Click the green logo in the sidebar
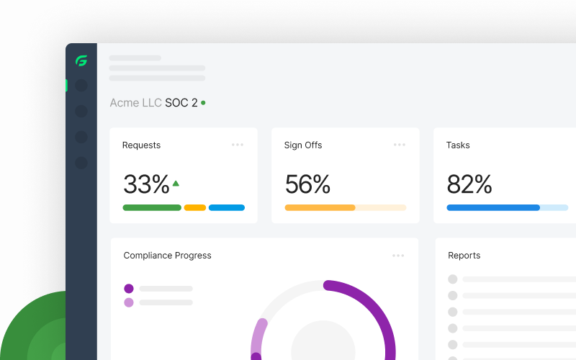click(x=81, y=61)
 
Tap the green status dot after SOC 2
click(x=203, y=103)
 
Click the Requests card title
click(x=141, y=145)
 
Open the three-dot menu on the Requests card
click(x=238, y=145)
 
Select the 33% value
click(x=146, y=184)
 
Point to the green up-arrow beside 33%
click(x=176, y=183)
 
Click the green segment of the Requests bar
click(x=152, y=207)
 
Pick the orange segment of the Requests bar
click(x=195, y=207)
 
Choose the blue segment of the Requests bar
click(x=227, y=207)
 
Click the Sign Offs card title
click(x=303, y=145)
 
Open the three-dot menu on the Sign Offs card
click(x=400, y=145)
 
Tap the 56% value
click(x=307, y=184)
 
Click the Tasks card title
click(x=458, y=145)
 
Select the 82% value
click(x=469, y=184)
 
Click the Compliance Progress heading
click(x=167, y=255)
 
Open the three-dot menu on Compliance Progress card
click(x=398, y=255)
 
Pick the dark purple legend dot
click(x=129, y=289)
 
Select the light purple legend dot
click(x=129, y=302)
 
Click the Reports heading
click(x=464, y=255)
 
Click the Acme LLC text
click(x=135, y=103)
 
